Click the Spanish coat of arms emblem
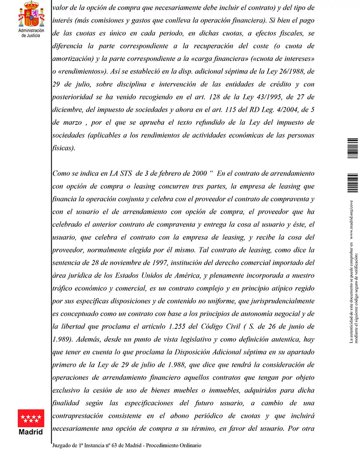click(31, 14)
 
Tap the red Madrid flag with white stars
click(31, 417)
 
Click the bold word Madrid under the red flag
click(31, 431)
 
